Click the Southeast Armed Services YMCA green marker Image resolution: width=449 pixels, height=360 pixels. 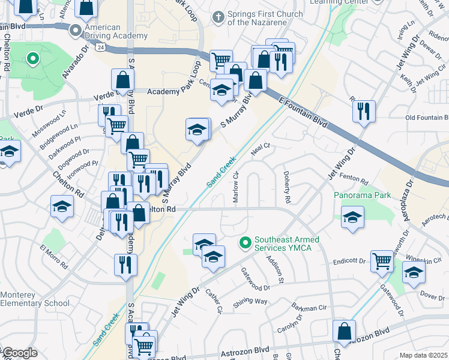(245, 243)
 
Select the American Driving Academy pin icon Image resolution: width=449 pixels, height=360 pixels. (76, 31)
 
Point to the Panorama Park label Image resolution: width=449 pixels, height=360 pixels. (363, 195)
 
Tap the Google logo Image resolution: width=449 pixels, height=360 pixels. (19, 353)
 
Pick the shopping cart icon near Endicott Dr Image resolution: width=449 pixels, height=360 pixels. (382, 261)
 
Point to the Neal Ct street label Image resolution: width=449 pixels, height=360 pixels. (261, 146)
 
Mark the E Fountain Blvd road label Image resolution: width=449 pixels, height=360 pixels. (304, 112)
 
